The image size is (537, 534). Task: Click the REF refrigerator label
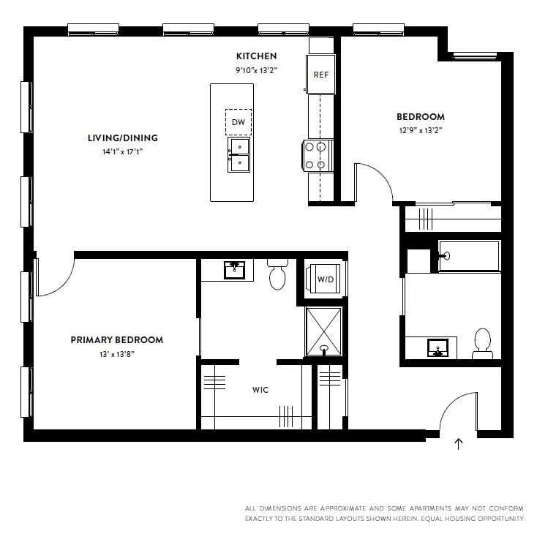pos(320,75)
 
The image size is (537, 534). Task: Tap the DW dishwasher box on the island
pos(239,122)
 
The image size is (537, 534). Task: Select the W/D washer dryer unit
pos(326,279)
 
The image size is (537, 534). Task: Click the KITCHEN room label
pos(256,56)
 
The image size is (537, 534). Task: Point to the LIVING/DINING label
pos(122,138)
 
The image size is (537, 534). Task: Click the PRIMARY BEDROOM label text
pos(116,339)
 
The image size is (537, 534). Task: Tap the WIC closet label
pos(260,390)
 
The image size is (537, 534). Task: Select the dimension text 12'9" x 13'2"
pos(420,130)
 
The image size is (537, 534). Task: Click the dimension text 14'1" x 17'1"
pos(122,151)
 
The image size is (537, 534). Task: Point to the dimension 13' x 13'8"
pos(116,354)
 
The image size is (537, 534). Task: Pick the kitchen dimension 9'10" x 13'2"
pos(256,70)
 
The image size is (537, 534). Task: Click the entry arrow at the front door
pos(459,444)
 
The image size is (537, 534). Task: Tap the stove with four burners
pos(314,155)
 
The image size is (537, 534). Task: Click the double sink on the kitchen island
pos(239,156)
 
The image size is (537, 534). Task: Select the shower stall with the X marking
pos(323,331)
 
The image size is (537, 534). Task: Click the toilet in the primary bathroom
pos(277,274)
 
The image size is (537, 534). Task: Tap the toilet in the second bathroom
pos(481,343)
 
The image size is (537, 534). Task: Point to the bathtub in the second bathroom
pos(468,256)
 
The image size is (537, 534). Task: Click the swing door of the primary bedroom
pos(53,276)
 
